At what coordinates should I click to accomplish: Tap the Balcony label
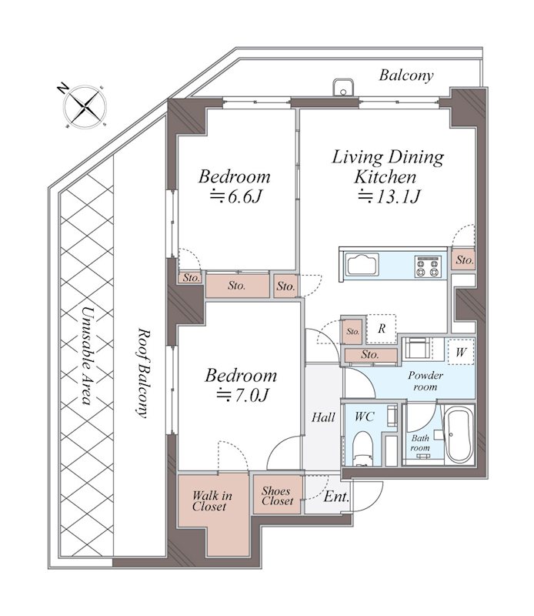click(x=406, y=75)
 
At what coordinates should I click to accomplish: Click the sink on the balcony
click(x=343, y=88)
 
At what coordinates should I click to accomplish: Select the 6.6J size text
click(x=235, y=196)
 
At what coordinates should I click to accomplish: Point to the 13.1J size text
click(x=389, y=196)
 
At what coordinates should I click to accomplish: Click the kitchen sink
click(x=362, y=264)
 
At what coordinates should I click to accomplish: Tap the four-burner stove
click(x=428, y=266)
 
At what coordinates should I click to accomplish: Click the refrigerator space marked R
click(x=381, y=329)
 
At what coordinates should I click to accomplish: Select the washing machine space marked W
click(x=461, y=352)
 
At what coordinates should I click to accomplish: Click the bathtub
click(x=459, y=436)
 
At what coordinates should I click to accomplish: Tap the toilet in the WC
click(x=362, y=449)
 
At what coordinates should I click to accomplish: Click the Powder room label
click(x=426, y=380)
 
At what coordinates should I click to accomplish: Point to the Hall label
click(x=323, y=417)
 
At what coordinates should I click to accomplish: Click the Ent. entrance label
click(x=336, y=497)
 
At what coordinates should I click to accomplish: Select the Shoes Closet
click(x=278, y=495)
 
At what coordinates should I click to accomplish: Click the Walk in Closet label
click(x=212, y=501)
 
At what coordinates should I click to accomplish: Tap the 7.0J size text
click(x=242, y=395)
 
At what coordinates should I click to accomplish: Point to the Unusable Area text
click(x=87, y=355)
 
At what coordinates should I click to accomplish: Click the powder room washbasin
click(x=417, y=348)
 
